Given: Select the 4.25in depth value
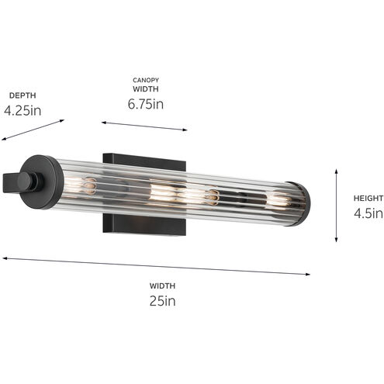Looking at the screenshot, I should [22, 110].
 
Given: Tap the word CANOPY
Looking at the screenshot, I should [146, 79].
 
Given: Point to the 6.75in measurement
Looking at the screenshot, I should [146, 103].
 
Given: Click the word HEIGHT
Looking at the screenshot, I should [363, 197].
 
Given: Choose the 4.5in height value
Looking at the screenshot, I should [363, 213].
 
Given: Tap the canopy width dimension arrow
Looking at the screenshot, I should [144, 125].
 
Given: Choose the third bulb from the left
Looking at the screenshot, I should [209, 197].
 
